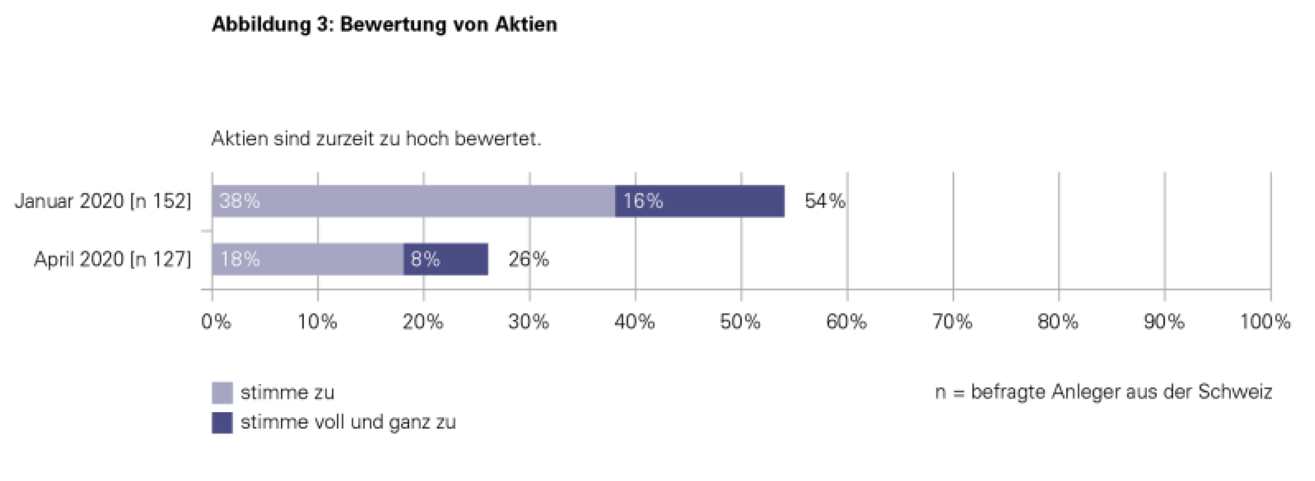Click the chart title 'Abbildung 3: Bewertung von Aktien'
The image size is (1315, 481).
coord(384,24)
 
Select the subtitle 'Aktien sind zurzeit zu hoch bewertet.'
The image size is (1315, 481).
coord(376,139)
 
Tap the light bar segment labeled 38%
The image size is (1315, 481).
coord(414,201)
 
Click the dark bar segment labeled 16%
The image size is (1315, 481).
coord(699,201)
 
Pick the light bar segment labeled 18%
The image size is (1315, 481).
coord(307,259)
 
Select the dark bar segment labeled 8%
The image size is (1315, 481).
coord(445,259)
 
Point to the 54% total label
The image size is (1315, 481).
coord(825,201)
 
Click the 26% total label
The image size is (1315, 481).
coord(528,259)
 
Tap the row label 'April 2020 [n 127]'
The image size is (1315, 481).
coord(113,259)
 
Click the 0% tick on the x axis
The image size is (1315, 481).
coord(216,322)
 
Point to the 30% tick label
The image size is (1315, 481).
coord(528,322)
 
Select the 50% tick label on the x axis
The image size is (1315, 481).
coord(740,322)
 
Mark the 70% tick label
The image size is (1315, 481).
coord(952,322)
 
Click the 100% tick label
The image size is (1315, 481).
coord(1265,322)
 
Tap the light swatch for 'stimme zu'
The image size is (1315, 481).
coord(222,393)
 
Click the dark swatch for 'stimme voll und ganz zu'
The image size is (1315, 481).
coord(222,423)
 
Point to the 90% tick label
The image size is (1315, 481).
coord(1164,322)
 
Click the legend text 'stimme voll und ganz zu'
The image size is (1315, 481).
coord(348,423)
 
